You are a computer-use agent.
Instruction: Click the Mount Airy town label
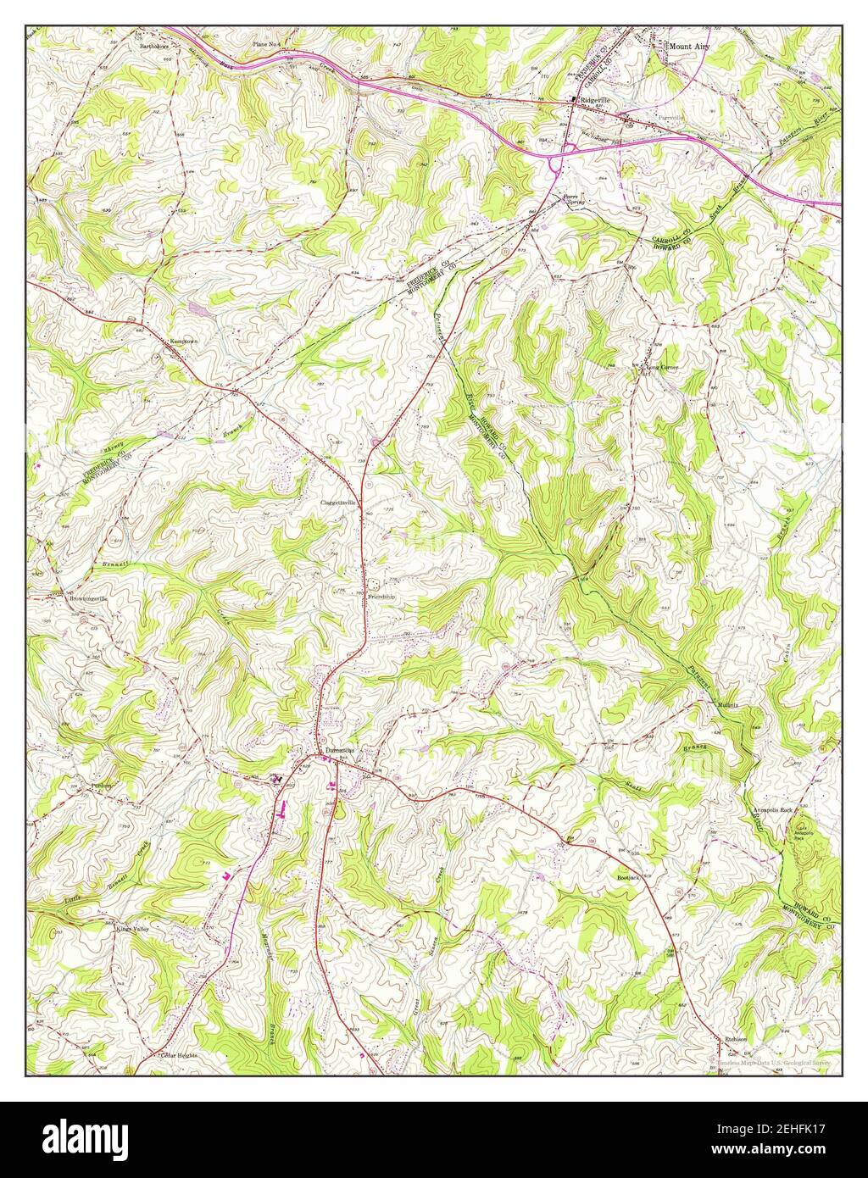point(688,45)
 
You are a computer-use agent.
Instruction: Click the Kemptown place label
point(184,342)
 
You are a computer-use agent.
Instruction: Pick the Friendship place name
point(381,597)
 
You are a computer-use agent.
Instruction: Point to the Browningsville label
point(88,598)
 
